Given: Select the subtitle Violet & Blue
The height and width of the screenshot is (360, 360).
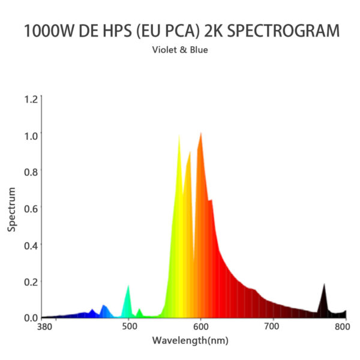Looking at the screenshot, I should tap(180, 50).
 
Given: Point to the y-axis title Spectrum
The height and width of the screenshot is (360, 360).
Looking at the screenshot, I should tap(11, 209).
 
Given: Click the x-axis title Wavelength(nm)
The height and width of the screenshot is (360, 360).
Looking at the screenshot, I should tap(190, 340).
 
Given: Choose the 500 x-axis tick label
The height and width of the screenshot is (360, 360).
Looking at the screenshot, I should tap(130, 327).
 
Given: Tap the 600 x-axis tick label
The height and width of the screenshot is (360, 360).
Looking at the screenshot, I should tap(201, 327).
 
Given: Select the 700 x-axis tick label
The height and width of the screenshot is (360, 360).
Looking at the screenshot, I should tap(272, 327).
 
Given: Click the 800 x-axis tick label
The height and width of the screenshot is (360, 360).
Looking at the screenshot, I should tap(343, 327).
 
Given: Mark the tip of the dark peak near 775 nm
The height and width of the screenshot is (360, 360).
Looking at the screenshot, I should tap(324, 284).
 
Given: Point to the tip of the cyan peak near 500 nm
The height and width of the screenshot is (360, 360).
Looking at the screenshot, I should tap(128, 286).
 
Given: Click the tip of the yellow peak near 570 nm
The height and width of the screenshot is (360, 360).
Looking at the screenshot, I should tap(179, 136).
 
